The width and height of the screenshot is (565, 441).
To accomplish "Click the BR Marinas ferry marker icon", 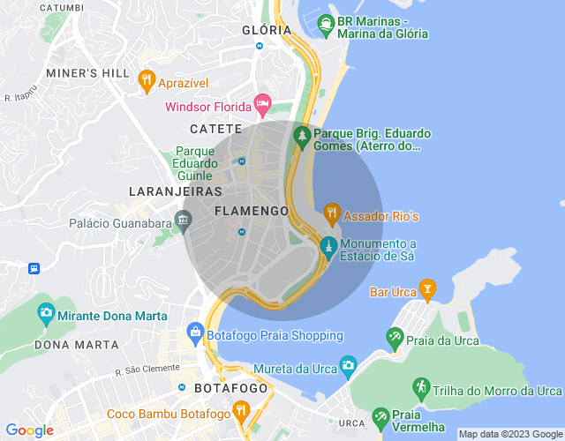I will pyautogui.click(x=326, y=23).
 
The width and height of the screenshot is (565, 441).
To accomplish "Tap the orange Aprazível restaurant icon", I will pyautogui.click(x=147, y=81).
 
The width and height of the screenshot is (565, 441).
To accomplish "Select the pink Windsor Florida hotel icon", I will pyautogui.click(x=262, y=105).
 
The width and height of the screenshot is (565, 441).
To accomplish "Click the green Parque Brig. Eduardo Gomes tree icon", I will pyautogui.click(x=302, y=137).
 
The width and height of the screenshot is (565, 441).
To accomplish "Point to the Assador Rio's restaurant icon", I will pyautogui.click(x=331, y=213).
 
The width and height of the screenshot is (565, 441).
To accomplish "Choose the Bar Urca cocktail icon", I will pyautogui.click(x=427, y=288).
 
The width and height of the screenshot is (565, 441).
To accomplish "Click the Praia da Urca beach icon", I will pyautogui.click(x=395, y=338).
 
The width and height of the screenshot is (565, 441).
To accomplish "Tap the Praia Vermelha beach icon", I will pyautogui.click(x=380, y=415).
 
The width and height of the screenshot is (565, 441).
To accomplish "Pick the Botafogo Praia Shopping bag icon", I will pyautogui.click(x=194, y=333).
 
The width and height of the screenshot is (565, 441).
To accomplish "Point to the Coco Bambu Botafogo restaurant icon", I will pyautogui.click(x=240, y=411).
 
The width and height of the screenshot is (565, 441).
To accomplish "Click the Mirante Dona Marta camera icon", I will pyautogui.click(x=46, y=312).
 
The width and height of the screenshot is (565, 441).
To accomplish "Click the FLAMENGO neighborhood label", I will pyautogui.click(x=252, y=211).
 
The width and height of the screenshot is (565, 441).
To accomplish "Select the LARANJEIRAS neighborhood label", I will pyautogui.click(x=169, y=191).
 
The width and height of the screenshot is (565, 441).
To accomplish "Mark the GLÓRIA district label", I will pyautogui.click(x=267, y=29).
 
